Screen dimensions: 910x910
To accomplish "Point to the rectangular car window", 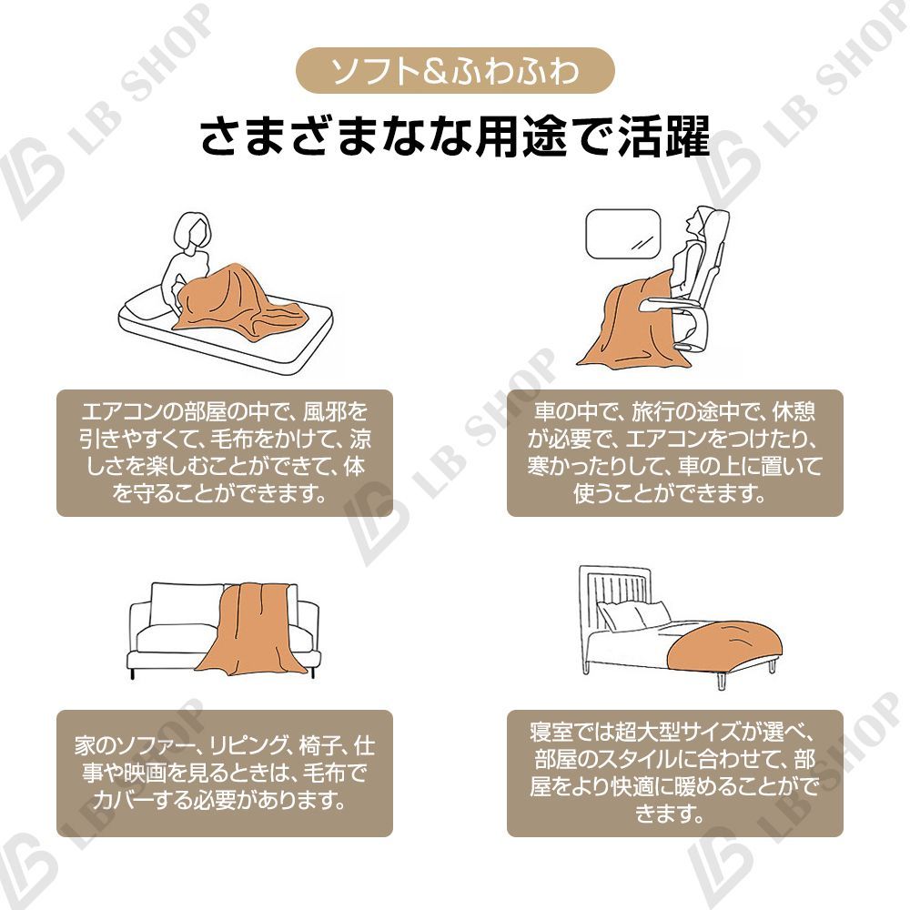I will (x=622, y=232).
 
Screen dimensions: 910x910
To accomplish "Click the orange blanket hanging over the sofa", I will (x=246, y=628).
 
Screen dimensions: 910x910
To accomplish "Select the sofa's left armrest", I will (x=138, y=628).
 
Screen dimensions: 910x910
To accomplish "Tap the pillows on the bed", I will (x=632, y=616).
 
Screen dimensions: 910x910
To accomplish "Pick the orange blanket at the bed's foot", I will (x=728, y=642).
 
